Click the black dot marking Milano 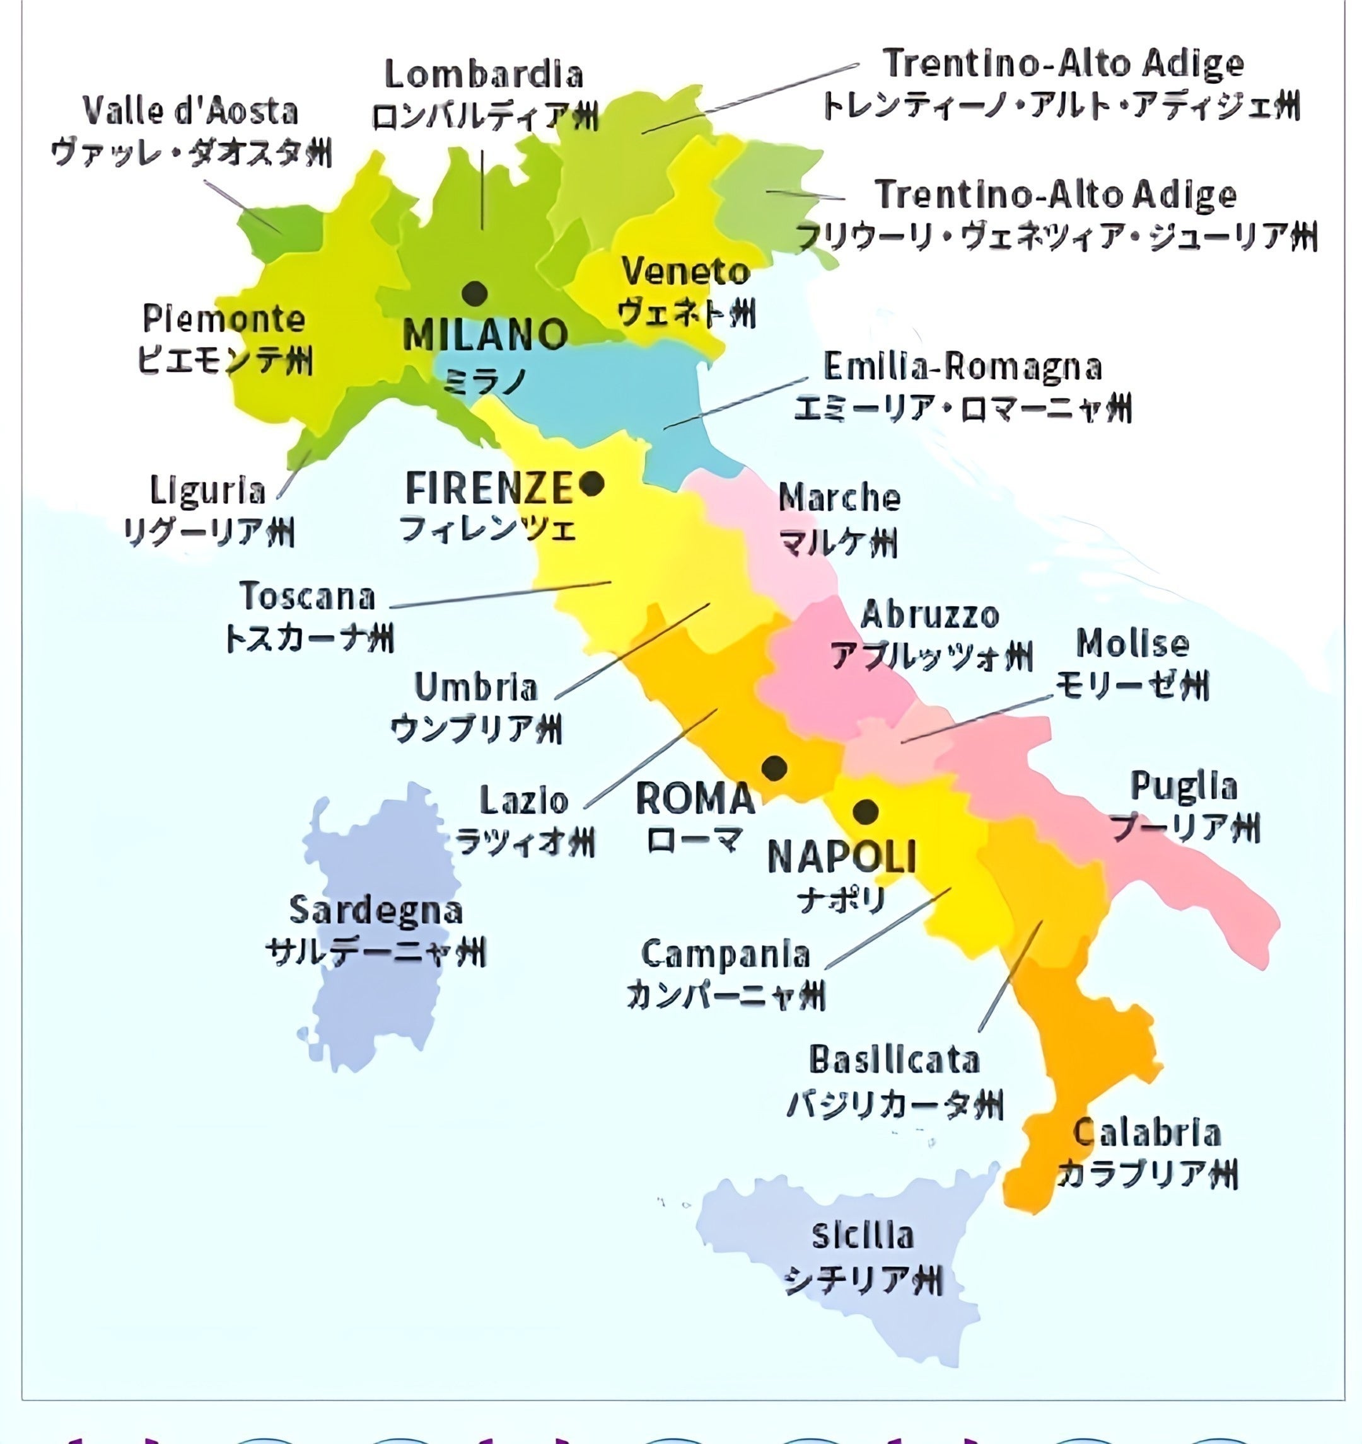475,294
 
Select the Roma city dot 774,767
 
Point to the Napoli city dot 865,811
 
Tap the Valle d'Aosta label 190,111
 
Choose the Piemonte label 224,319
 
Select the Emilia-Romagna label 962,367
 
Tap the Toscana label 308,597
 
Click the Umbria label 476,687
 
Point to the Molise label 1132,643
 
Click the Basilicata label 895,1060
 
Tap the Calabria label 1147,1134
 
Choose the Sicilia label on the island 863,1236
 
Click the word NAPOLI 842,857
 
